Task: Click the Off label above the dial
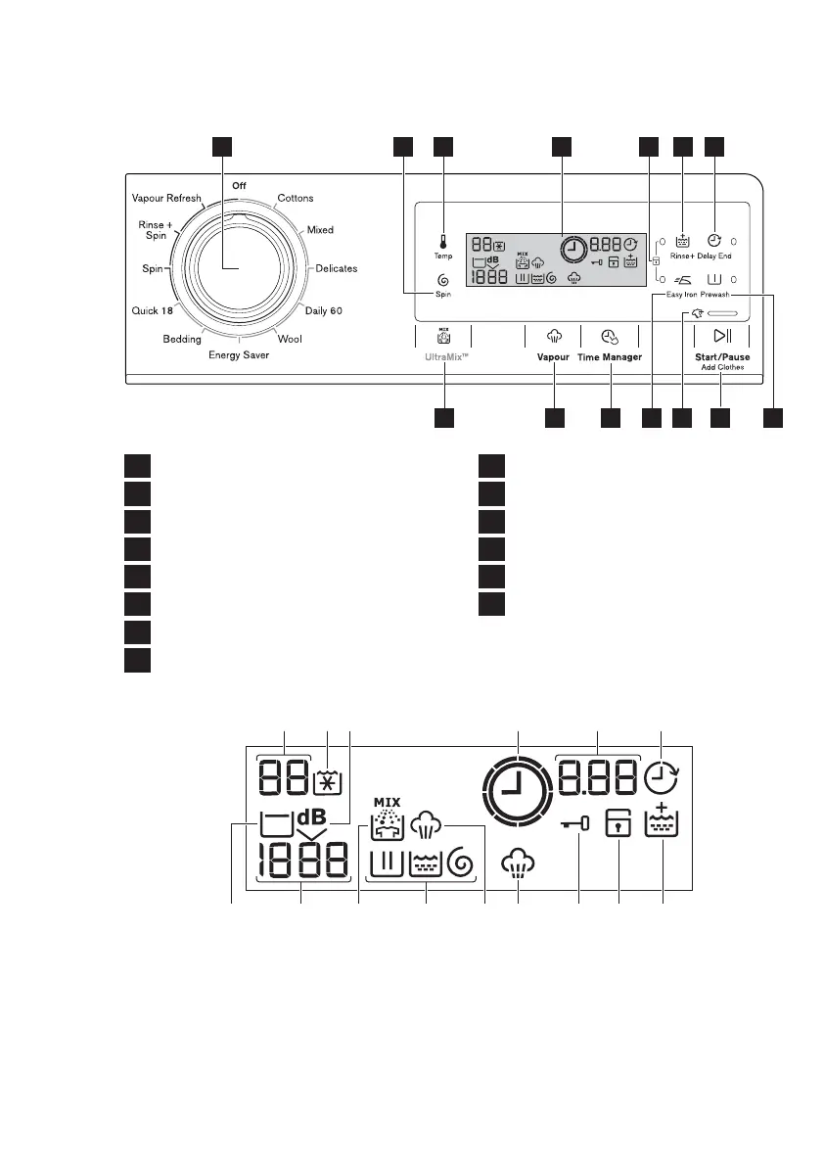pos(239,185)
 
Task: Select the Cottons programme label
pos(295,198)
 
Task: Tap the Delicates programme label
pos(336,268)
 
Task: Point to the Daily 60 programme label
pos(323,310)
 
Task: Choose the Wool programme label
pos(290,339)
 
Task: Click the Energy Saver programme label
pos(238,355)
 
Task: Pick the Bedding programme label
pos(182,339)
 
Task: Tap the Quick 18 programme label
pos(152,310)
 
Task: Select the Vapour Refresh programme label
pos(166,198)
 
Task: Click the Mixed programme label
pos(320,230)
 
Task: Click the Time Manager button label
pos(609,357)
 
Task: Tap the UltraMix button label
pos(443,358)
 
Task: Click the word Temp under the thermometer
pos(443,257)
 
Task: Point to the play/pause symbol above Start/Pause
pos(722,336)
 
